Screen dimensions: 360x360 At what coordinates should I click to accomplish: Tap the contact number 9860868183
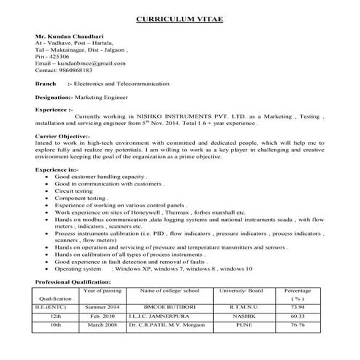[x=76, y=71]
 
